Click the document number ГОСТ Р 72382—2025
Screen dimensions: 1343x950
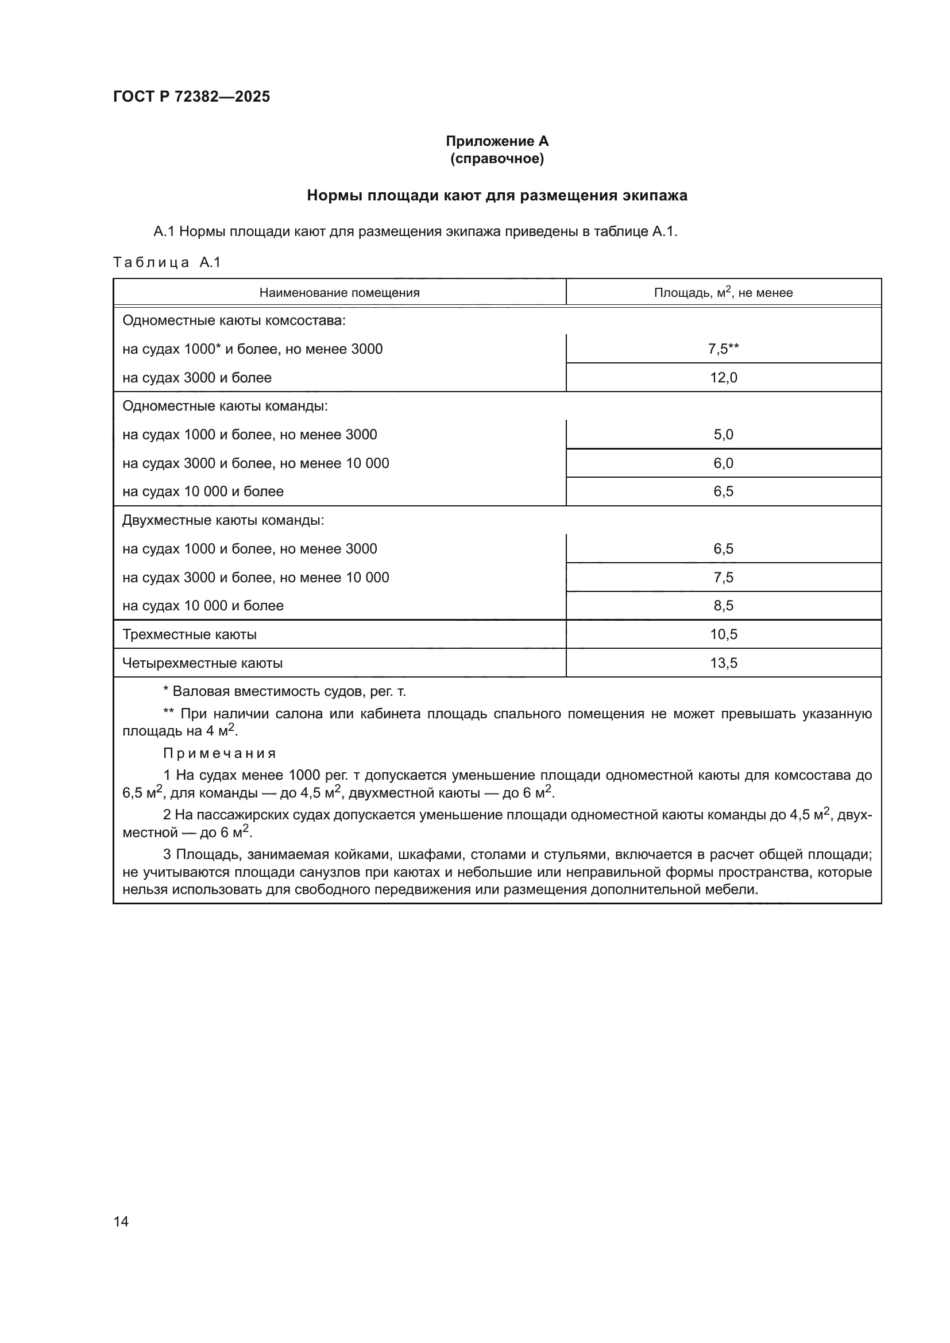(x=191, y=96)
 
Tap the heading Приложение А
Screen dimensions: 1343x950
(x=497, y=141)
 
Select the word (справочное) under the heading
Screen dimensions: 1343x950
(x=497, y=158)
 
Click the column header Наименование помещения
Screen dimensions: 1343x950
(x=339, y=292)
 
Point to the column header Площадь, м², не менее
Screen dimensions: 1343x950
(x=723, y=292)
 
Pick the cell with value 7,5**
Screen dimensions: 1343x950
(x=723, y=349)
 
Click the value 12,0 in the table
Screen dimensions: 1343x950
(x=723, y=378)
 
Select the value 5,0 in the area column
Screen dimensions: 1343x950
(x=723, y=435)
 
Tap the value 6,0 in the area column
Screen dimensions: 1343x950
(x=723, y=463)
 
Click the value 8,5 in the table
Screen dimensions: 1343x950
(x=723, y=606)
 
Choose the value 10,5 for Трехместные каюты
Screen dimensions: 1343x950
(x=723, y=634)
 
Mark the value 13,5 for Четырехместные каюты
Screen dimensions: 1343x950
(x=723, y=663)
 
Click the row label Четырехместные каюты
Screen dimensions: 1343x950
(x=202, y=663)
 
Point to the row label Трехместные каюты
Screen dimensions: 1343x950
(x=189, y=634)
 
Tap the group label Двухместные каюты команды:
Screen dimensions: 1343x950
(x=223, y=520)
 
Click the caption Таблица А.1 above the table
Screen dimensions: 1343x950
(x=167, y=262)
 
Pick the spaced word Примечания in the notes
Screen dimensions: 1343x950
(x=219, y=753)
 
